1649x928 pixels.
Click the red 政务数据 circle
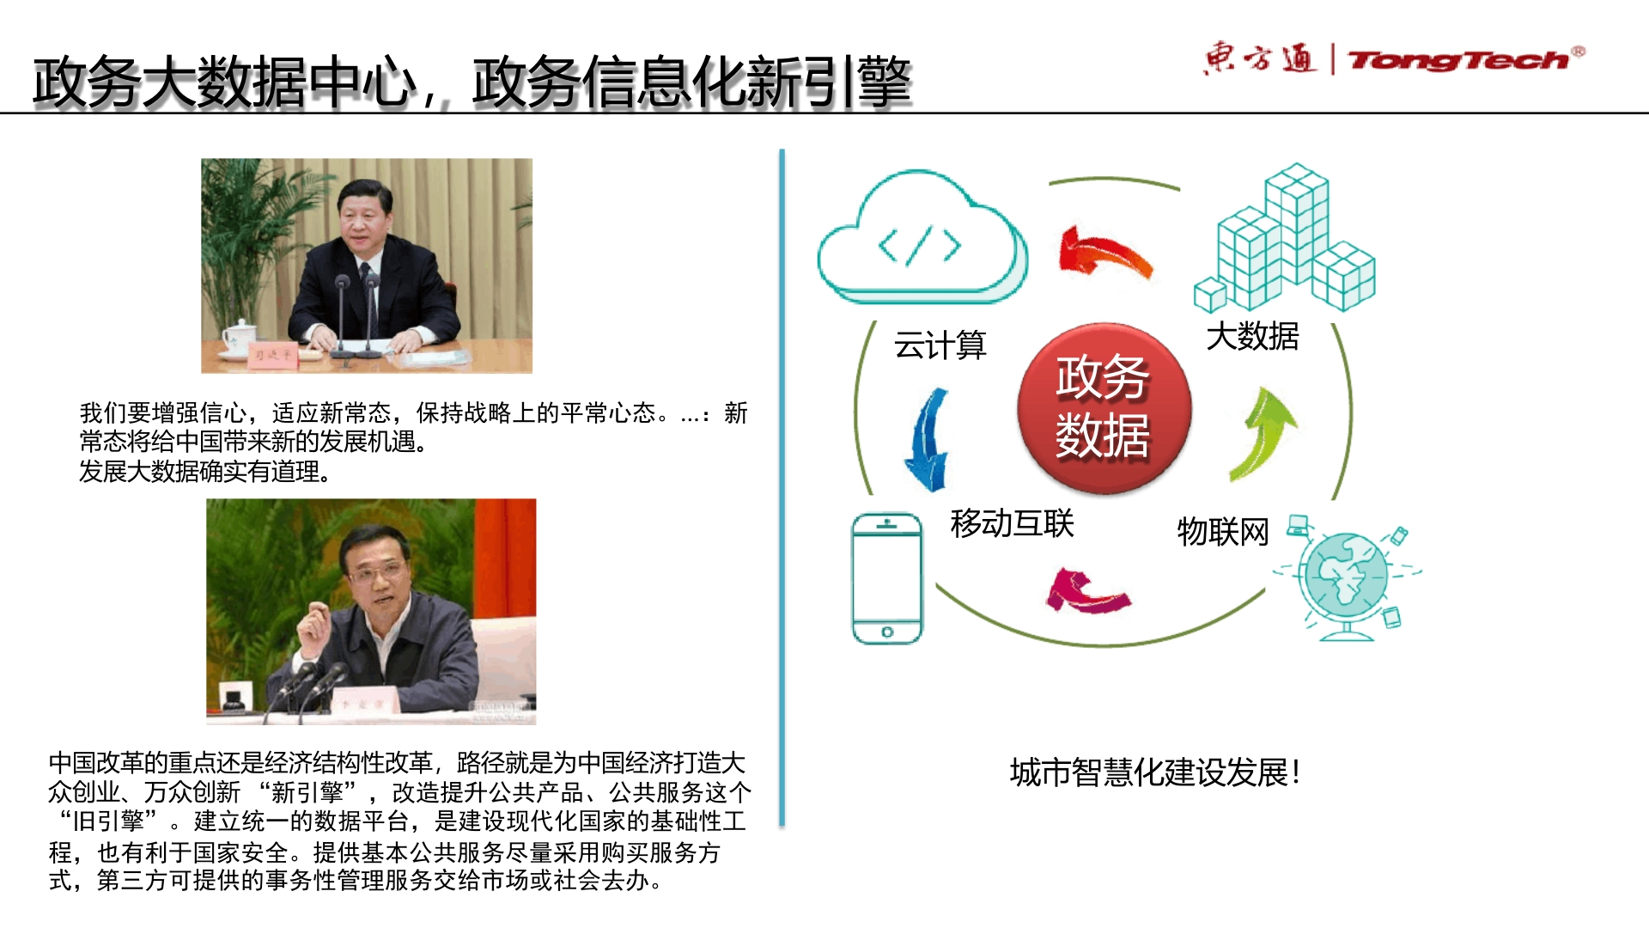(1104, 408)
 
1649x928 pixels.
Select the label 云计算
(940, 345)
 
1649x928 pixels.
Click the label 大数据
(1252, 336)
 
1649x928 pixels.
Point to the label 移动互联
(1012, 523)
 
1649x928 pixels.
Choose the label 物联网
(1223, 532)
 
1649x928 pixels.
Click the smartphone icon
(887, 578)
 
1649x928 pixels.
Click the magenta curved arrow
(1087, 591)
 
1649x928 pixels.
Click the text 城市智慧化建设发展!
(1154, 772)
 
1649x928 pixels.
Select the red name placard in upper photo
(271, 354)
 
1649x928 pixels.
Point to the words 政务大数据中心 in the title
(225, 82)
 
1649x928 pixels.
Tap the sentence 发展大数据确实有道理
(205, 472)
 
